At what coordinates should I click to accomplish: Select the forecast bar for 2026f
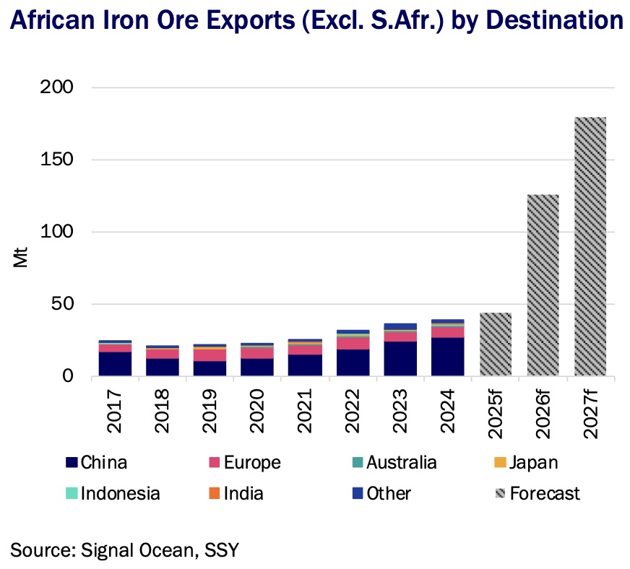coord(543,285)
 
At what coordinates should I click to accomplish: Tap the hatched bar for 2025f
coord(495,344)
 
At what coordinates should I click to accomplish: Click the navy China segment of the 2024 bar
coord(447,357)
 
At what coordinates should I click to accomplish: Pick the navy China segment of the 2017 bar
coord(115,364)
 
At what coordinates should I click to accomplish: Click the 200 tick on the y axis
coord(57,87)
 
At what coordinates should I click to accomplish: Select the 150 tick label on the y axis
coord(57,160)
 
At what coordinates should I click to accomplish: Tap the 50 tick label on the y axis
coord(64,304)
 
